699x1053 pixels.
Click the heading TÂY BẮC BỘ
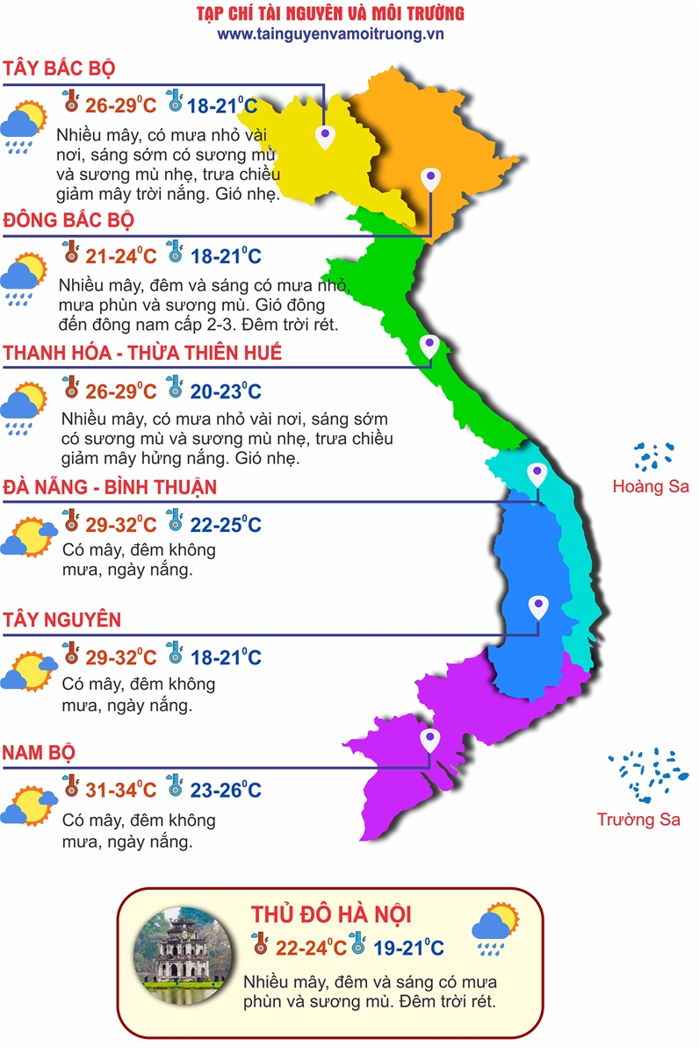(60, 69)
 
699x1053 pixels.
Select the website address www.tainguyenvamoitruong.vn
(330, 33)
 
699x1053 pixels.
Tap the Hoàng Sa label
(651, 486)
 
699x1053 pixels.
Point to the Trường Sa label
(638, 820)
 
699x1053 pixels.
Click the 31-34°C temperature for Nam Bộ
(120, 790)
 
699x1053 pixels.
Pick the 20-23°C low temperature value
(226, 391)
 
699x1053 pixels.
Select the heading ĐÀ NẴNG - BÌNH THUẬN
(110, 487)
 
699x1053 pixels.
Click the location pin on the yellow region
(326, 135)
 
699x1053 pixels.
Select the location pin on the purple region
(429, 739)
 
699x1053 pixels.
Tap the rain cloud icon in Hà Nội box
(495, 928)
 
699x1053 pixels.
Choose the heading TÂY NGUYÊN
(61, 620)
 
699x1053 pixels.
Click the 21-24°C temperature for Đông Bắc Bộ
(120, 257)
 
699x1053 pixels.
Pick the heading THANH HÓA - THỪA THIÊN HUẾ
(142, 353)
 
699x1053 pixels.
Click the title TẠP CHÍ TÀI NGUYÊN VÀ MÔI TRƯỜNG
(330, 13)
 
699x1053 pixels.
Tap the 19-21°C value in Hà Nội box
(407, 948)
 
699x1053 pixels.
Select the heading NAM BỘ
(39, 753)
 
